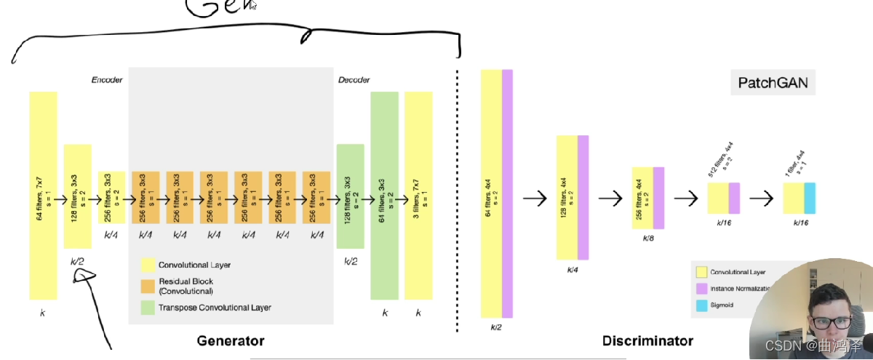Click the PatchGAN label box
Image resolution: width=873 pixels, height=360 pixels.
click(773, 83)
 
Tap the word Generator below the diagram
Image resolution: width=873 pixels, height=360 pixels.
click(231, 340)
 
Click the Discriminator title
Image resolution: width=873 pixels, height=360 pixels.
click(647, 340)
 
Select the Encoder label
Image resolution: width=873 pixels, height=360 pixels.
click(106, 79)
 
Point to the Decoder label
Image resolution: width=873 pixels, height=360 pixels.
click(354, 79)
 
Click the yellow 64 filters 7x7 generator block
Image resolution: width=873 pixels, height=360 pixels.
click(43, 195)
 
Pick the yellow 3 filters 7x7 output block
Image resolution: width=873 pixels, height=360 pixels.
click(418, 195)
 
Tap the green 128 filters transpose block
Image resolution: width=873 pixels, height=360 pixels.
click(350, 196)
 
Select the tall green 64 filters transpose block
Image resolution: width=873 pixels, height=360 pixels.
click(384, 195)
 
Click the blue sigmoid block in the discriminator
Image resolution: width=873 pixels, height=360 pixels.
click(810, 198)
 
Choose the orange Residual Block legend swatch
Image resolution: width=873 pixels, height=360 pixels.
click(148, 285)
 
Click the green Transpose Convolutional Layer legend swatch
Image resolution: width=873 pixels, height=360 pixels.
click(148, 308)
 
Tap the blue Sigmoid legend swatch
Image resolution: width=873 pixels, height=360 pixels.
click(701, 306)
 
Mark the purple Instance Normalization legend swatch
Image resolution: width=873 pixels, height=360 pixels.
click(701, 289)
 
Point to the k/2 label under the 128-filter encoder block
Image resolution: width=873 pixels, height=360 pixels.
click(77, 260)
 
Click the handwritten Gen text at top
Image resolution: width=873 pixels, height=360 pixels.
click(219, 7)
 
